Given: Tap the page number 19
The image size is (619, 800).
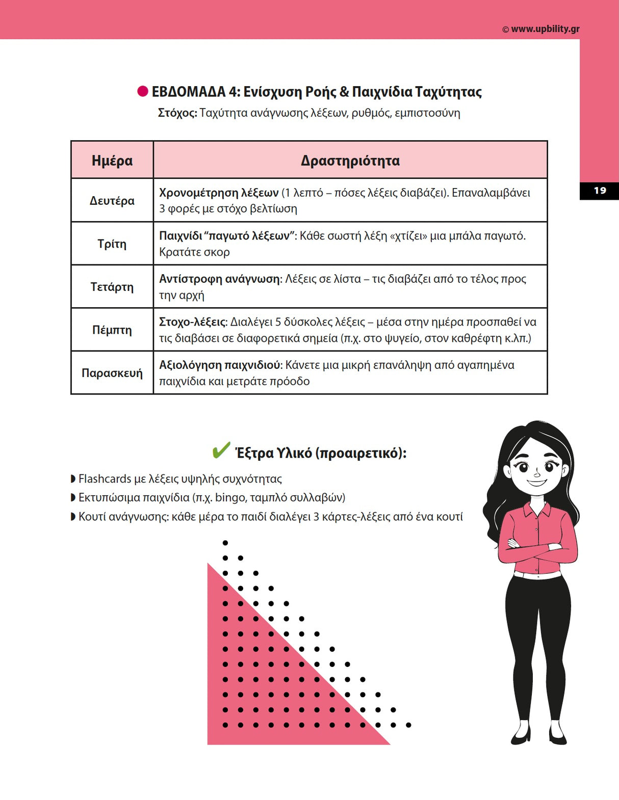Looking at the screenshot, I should tap(600, 191).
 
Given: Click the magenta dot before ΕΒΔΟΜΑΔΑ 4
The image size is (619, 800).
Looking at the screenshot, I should tap(143, 92).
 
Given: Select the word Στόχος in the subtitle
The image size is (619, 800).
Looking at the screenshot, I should tap(177, 113).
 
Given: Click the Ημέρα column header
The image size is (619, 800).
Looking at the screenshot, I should tap(112, 161).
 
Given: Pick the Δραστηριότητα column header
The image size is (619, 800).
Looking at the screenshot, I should tap(350, 161).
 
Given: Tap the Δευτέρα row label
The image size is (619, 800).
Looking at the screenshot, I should tap(112, 201).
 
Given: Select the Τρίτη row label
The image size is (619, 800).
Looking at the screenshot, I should tap(112, 244).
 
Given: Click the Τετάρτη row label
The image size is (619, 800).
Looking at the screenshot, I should tap(112, 287).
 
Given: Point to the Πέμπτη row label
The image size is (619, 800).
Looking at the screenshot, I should tap(112, 330).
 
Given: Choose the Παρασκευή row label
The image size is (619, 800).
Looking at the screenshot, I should tap(112, 373).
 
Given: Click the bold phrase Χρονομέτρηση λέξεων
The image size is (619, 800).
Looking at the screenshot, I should tap(219, 193).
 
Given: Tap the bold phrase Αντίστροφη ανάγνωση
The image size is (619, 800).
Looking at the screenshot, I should tap(220, 279).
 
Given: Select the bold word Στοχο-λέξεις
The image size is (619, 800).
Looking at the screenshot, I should tap(192, 322).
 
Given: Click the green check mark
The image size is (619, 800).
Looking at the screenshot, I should tap(221, 450).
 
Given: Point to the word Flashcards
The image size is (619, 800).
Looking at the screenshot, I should tap(105, 479).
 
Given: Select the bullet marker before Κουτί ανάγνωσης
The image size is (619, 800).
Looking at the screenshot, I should tap(73, 517).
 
